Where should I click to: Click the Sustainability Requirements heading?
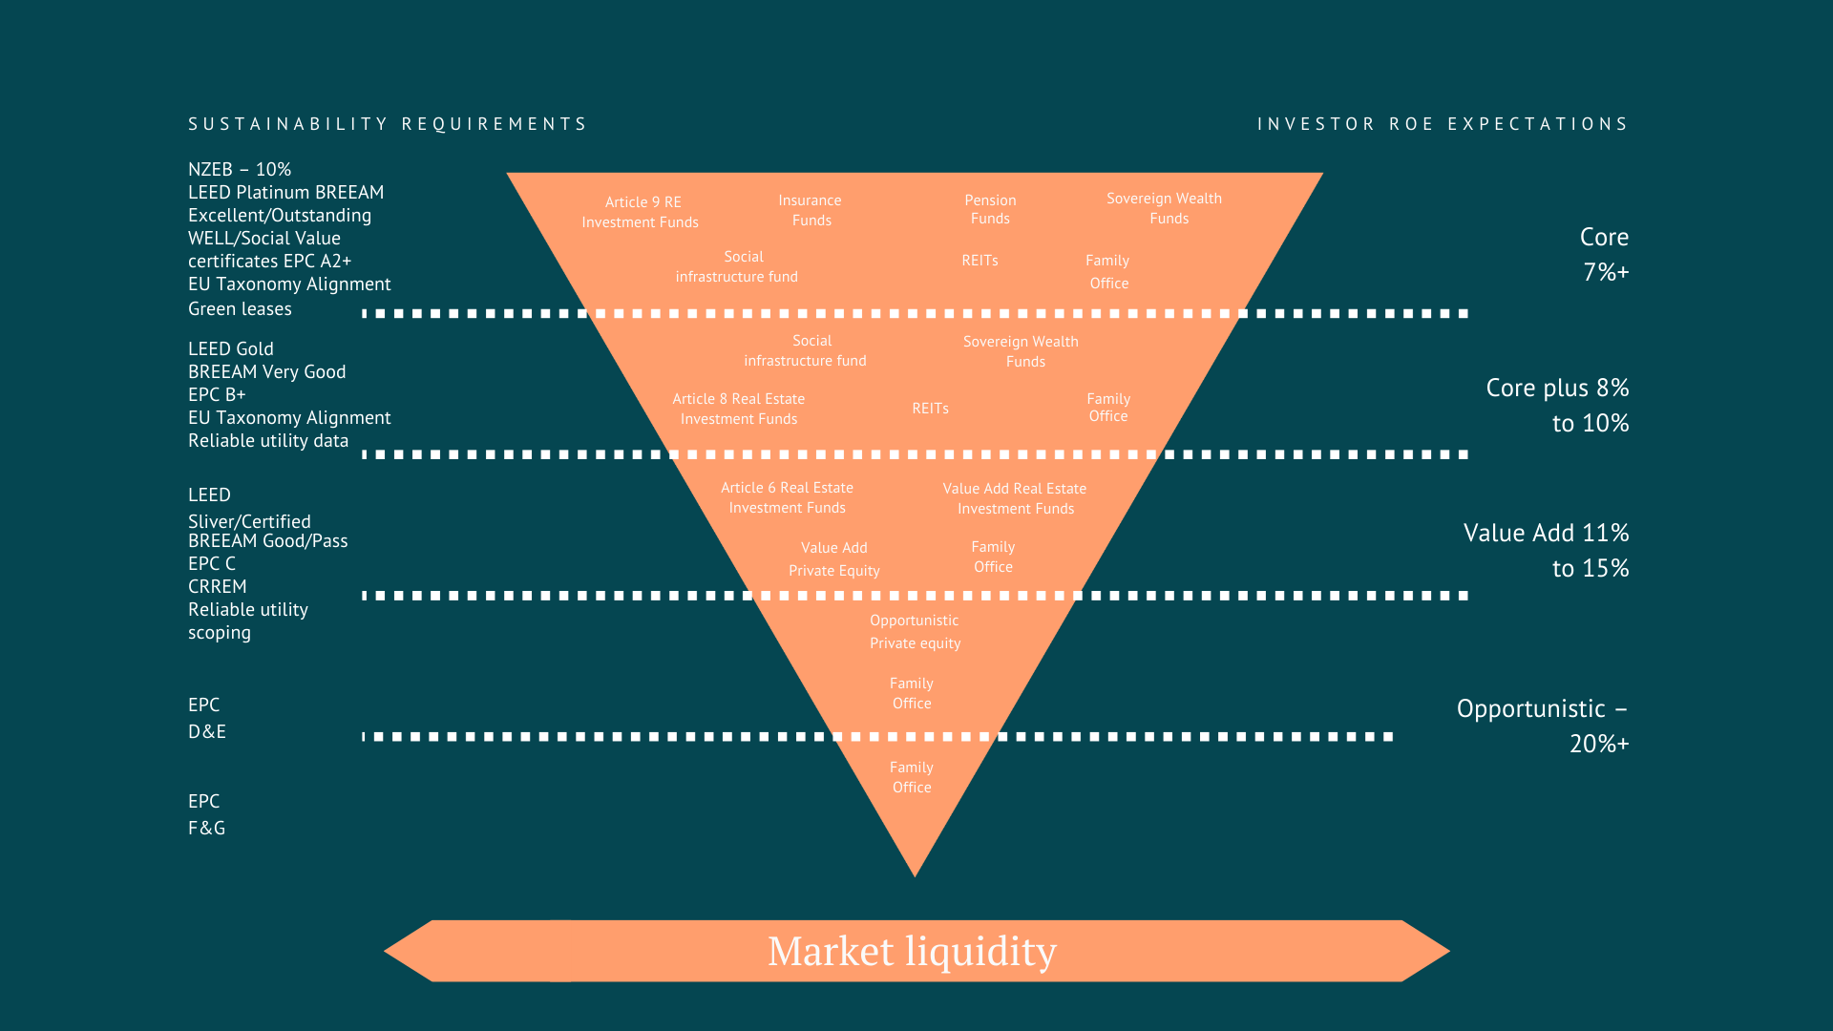[387, 124]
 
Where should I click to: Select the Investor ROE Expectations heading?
[1443, 124]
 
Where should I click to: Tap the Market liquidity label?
[913, 951]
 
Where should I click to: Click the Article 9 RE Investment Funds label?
[641, 212]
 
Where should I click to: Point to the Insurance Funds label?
[811, 210]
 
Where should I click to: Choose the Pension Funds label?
[990, 209]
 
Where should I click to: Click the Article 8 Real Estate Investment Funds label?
[739, 409]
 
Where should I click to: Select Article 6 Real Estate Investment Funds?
[788, 497]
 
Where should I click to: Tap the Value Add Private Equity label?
[834, 558]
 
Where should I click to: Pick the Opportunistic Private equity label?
[915, 631]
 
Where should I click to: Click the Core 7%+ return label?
[1605, 254]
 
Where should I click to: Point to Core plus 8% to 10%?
[1558, 405]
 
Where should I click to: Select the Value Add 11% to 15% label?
[1547, 550]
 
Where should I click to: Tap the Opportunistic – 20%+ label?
[1543, 726]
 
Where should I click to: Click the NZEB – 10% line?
[240, 169]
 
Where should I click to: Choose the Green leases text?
[240, 308]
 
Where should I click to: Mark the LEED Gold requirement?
[231, 348]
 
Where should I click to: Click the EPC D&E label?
[207, 718]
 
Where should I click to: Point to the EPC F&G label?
[207, 814]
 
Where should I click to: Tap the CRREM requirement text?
[218, 586]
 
